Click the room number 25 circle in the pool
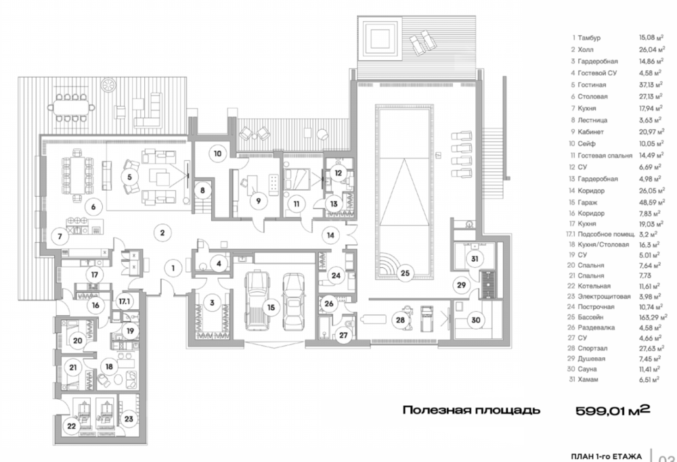[x=405, y=273]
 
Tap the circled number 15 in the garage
[x=271, y=308]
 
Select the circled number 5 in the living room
[x=129, y=177]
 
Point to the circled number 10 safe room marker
[x=217, y=154]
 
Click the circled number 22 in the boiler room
[x=72, y=426]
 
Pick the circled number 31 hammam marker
[x=475, y=259]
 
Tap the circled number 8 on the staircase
[x=202, y=190]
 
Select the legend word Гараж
[x=588, y=202]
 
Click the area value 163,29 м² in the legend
[x=653, y=317]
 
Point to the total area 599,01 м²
[x=613, y=410]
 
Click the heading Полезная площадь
[x=471, y=410]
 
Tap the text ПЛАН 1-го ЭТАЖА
[x=606, y=457]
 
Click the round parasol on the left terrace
[x=108, y=85]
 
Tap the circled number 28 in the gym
[x=401, y=320]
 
